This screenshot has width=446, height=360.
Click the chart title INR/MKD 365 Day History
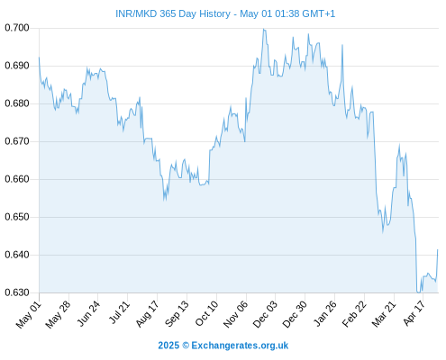click(173, 13)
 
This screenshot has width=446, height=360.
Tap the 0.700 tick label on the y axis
click(17, 28)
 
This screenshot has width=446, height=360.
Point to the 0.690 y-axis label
click(17, 66)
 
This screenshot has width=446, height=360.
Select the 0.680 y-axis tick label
click(17, 103)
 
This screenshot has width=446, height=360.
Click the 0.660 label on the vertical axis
click(17, 179)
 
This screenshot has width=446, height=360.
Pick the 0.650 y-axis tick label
click(17, 217)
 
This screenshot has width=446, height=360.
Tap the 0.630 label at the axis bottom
click(17, 292)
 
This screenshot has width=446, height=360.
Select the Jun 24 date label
click(88, 313)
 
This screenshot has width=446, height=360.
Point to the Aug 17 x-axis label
click(147, 314)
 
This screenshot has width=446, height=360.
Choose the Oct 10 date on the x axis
click(207, 313)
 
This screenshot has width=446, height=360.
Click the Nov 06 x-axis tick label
click(236, 314)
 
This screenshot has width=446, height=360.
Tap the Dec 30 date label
click(295, 314)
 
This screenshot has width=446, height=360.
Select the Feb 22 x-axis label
click(354, 314)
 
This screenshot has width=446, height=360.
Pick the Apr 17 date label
click(414, 313)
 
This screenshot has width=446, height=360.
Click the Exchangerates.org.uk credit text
click(240, 346)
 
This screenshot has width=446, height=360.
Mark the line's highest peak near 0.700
click(263, 29)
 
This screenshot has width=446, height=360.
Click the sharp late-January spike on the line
click(342, 45)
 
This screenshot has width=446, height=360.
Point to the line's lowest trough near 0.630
click(418, 292)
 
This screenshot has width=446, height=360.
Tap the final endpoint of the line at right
click(438, 249)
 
